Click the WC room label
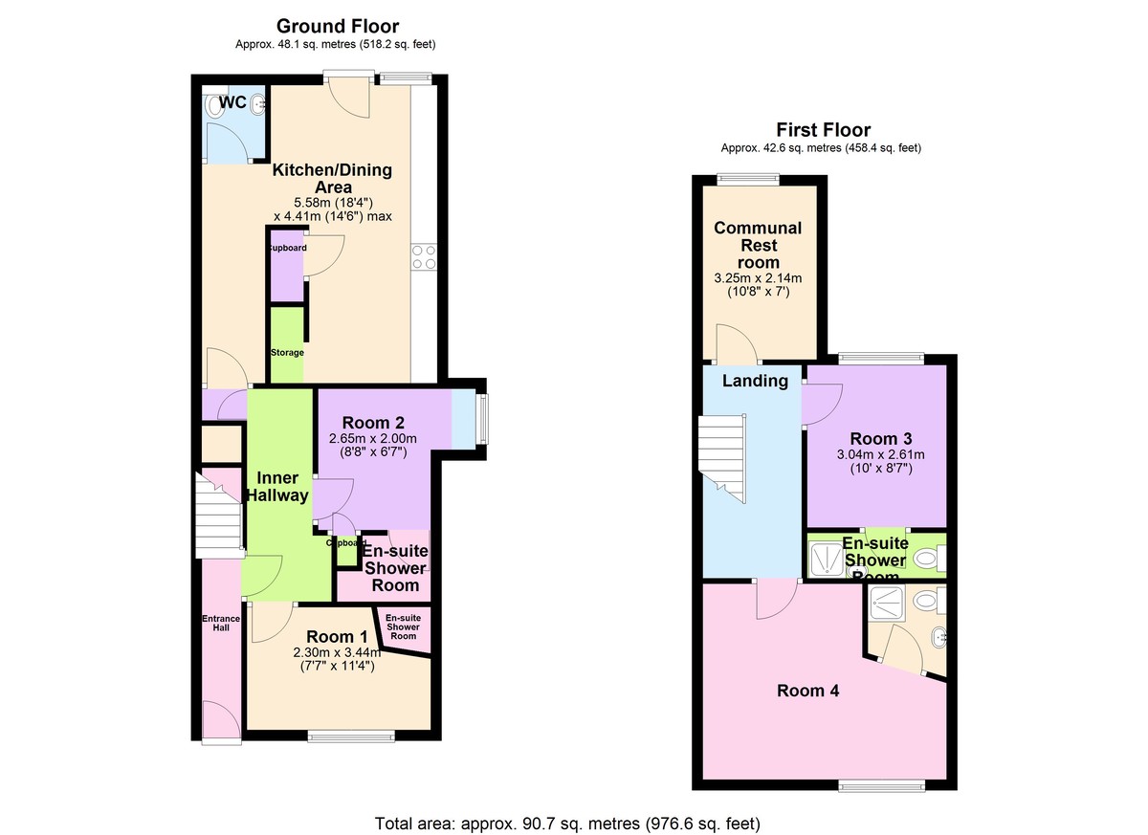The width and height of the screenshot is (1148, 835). [x=232, y=102]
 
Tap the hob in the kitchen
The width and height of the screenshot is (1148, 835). [x=424, y=257]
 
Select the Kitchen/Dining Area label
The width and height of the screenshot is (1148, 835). [x=332, y=179]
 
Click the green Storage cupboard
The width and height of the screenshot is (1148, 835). [x=286, y=344]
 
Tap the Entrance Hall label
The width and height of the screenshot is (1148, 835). [x=221, y=624]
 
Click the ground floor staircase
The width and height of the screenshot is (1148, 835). [x=219, y=516]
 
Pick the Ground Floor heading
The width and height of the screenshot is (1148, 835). [x=337, y=26]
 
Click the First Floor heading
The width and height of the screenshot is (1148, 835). [x=823, y=130]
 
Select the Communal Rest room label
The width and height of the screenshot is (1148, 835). [x=758, y=245]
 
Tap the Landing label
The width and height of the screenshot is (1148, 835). [x=755, y=381]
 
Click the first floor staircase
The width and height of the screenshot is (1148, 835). [x=723, y=457]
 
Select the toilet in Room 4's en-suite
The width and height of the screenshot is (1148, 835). [x=924, y=603]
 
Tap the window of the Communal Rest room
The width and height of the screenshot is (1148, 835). [x=748, y=178]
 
